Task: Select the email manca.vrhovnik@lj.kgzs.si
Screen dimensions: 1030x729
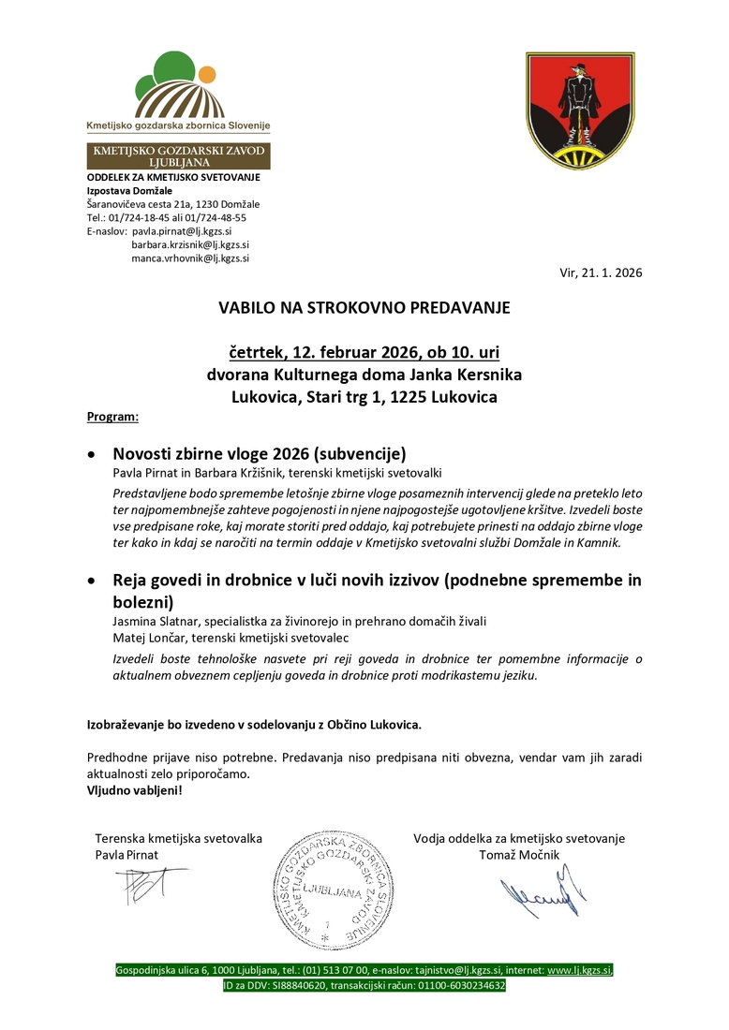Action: tap(191, 257)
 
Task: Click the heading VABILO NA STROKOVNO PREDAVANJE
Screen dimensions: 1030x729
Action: tap(364, 307)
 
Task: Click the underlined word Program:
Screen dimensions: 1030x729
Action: tap(112, 415)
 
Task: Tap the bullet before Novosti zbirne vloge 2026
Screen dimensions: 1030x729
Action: tap(90, 452)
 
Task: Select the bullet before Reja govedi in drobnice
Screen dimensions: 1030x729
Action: tap(90, 581)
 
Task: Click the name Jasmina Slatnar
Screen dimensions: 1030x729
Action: tap(153, 622)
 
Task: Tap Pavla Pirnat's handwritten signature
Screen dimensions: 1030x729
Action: tap(141, 884)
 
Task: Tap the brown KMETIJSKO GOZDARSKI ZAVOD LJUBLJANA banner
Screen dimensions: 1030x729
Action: tap(178, 156)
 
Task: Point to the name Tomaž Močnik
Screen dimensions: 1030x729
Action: tap(518, 855)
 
